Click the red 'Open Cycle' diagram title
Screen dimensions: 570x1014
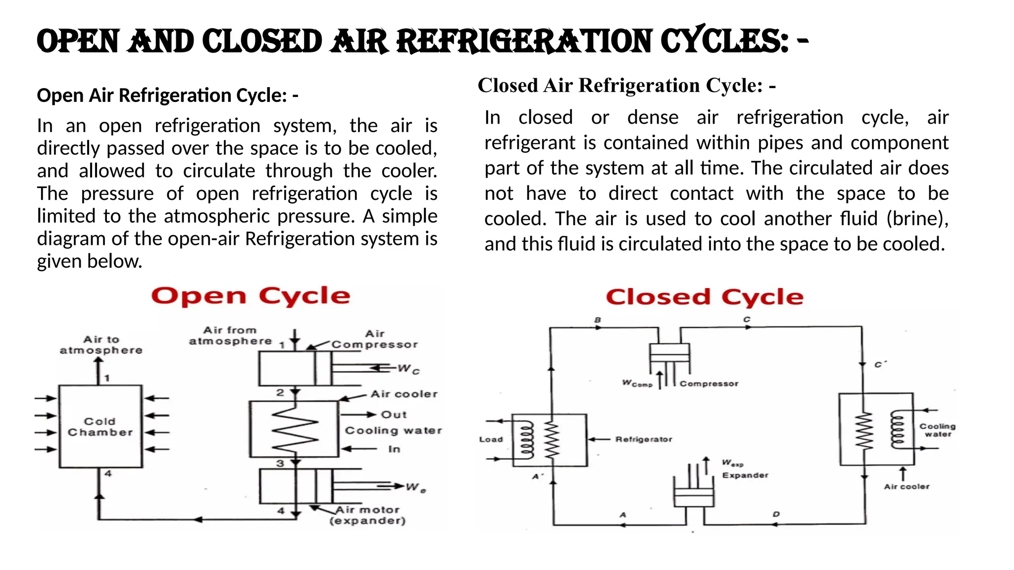point(251,296)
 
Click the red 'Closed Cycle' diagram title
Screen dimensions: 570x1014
point(704,297)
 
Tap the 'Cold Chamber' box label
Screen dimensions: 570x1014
point(100,427)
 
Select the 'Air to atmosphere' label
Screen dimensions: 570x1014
point(101,345)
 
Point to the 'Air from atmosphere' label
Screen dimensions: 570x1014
point(230,335)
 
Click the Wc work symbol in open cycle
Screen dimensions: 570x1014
point(408,369)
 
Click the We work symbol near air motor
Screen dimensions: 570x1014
point(415,487)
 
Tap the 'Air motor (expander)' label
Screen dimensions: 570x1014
point(367,515)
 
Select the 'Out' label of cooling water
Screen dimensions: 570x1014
point(394,415)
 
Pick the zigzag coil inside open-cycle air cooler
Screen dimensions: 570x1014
point(295,429)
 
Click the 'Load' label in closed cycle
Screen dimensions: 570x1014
point(491,439)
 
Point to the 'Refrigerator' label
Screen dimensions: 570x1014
point(644,439)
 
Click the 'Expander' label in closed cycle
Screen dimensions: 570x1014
point(745,475)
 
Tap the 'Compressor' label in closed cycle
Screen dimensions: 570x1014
point(709,383)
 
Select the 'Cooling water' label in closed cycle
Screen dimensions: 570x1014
point(937,430)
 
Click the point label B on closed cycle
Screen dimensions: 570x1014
point(598,320)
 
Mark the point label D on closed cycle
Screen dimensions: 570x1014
point(776,515)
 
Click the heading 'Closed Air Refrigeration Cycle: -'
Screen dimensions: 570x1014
point(626,86)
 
